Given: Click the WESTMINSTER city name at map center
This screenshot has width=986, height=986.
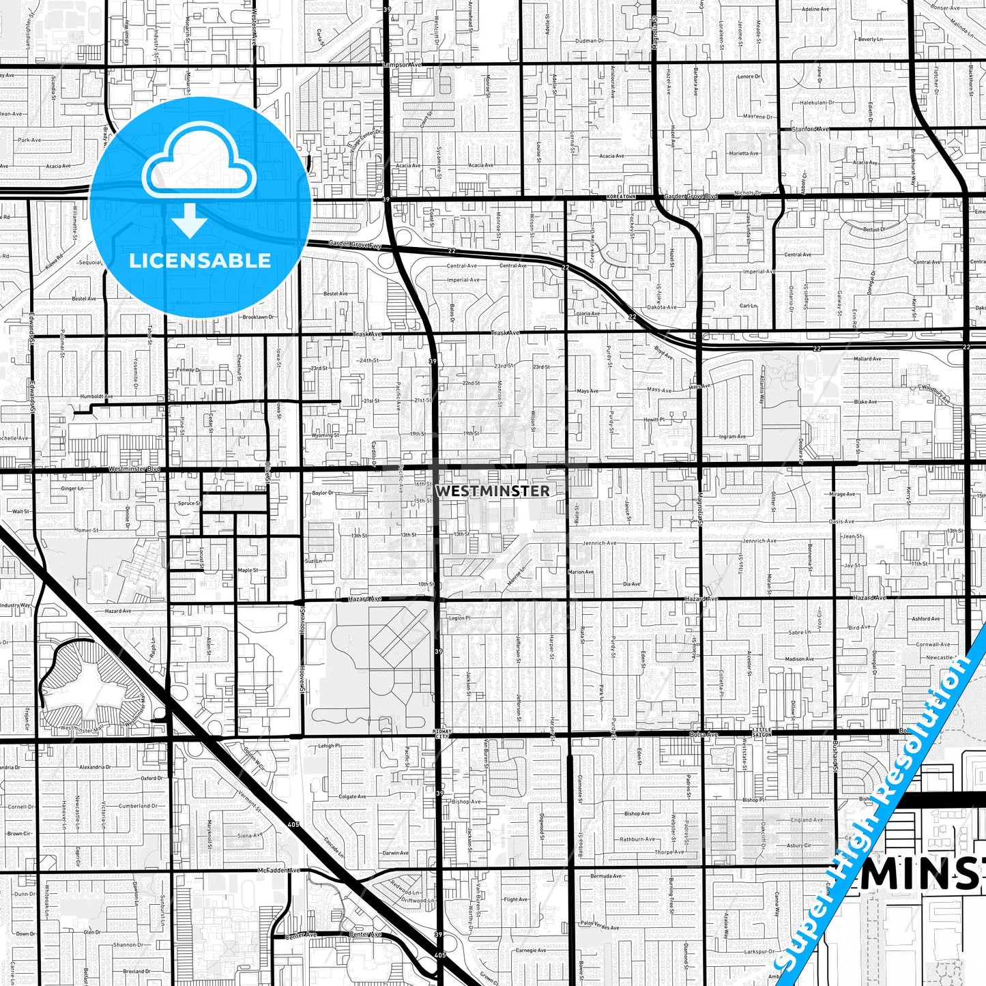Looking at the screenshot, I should point(492,491).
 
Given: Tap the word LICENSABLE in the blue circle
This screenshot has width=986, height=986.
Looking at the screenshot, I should point(200,261).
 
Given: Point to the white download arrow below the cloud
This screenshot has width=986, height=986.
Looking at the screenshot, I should point(190,222).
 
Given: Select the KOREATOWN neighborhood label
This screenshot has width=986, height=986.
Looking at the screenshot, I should point(621,197).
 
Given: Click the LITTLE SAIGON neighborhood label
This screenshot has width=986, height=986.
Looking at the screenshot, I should point(762,731).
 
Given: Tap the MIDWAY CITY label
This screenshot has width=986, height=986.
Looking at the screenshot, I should point(443,734).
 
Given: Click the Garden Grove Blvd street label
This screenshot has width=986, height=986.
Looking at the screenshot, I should point(691,197).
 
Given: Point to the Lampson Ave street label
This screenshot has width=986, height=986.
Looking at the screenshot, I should point(403,65).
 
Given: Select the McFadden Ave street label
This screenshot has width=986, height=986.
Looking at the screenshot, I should point(278,870).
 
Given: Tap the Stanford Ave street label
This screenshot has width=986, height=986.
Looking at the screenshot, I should point(810,129).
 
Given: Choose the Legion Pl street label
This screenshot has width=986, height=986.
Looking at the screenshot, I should point(459,618).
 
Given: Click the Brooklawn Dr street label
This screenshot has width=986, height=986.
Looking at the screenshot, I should point(258,317).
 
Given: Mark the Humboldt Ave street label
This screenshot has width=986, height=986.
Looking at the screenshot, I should point(96,396).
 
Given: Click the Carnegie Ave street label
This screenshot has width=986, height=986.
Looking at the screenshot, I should point(530,950).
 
